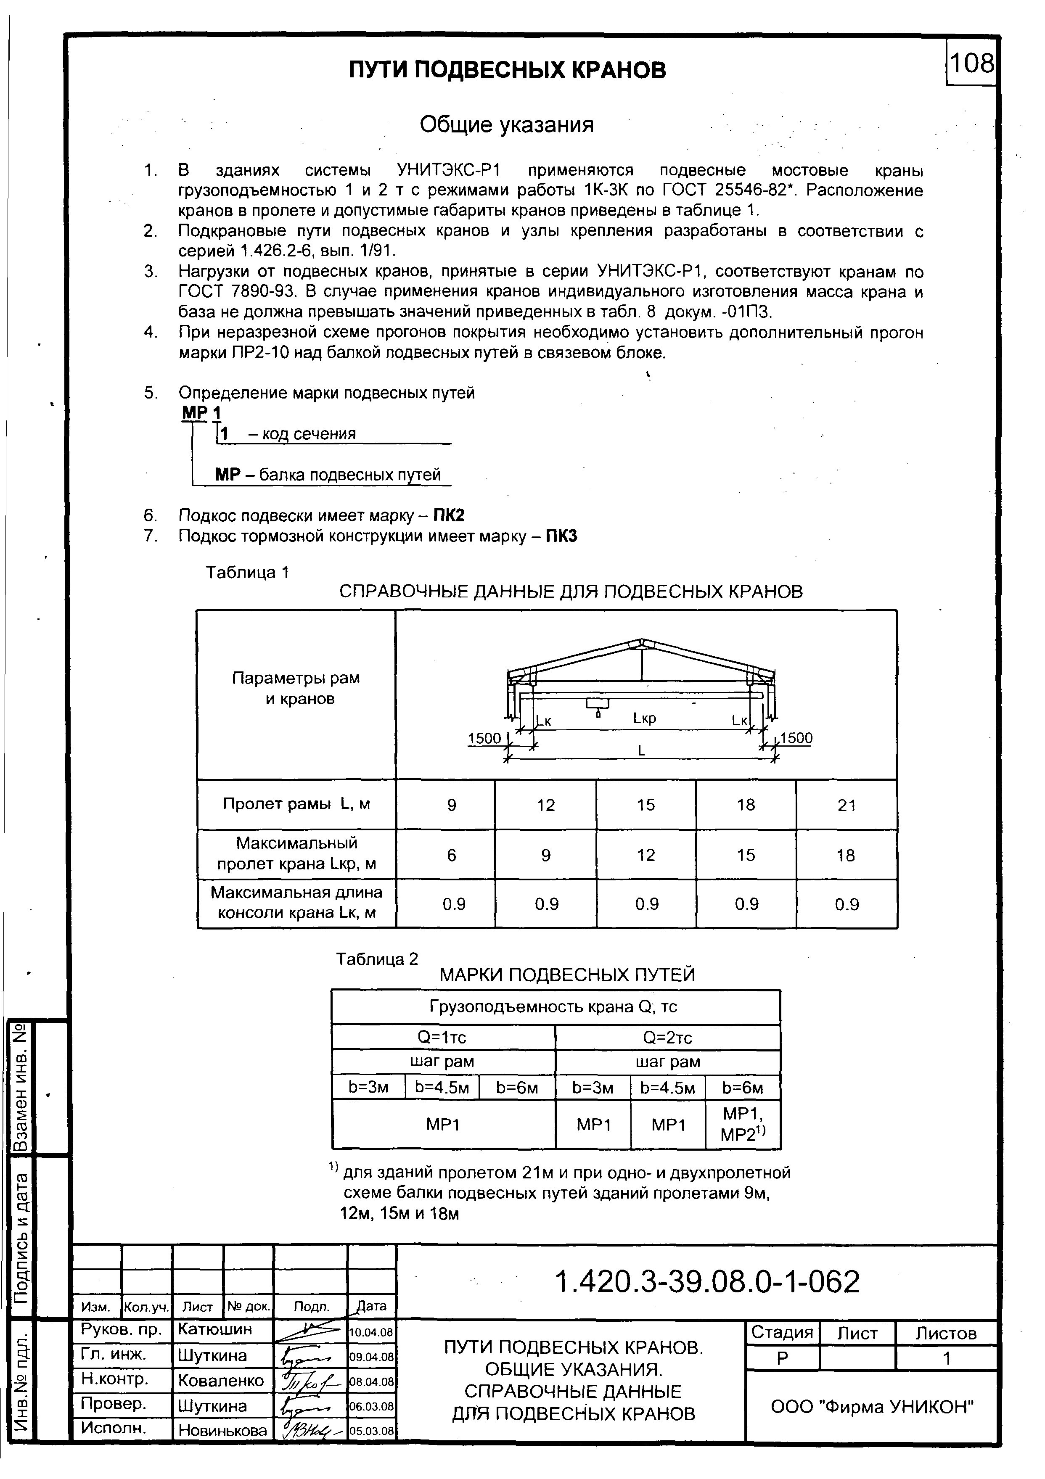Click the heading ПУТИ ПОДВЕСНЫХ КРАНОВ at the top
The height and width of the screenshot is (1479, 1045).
pos(507,69)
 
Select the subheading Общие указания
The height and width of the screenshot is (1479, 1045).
pos(506,124)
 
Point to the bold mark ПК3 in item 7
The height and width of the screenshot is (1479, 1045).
pos(561,536)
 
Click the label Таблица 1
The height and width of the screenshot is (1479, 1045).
pos(247,572)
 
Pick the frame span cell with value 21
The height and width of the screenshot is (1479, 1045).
pos(846,805)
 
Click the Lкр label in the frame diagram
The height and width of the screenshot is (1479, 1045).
pos(644,718)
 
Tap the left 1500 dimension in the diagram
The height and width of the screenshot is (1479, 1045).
pos(484,738)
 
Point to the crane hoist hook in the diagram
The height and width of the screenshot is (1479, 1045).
pos(598,713)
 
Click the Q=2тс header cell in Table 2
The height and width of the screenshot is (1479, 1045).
pos(667,1038)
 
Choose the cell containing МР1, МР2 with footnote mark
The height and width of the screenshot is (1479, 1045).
pos(743,1124)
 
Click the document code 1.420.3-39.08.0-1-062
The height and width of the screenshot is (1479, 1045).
pos(707,1282)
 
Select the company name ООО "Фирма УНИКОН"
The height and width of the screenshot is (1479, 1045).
pos(872,1406)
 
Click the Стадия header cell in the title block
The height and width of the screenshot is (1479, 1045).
pos(781,1333)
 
